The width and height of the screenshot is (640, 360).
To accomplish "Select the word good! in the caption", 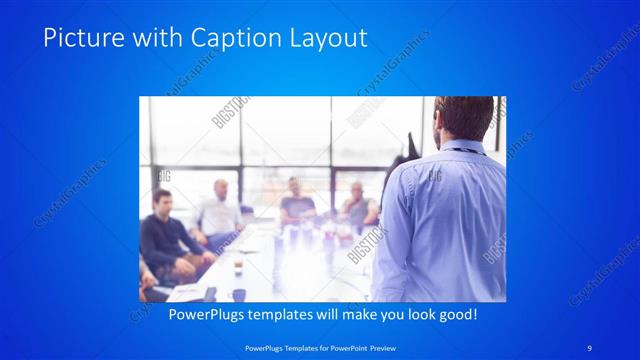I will (455, 313).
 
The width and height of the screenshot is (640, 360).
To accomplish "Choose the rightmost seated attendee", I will (357, 206).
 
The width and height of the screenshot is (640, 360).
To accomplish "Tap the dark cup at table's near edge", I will (239, 294).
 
